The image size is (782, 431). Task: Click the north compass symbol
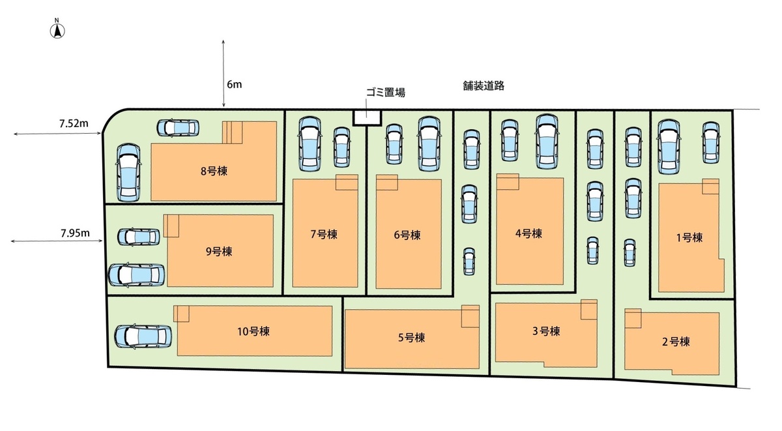[x=57, y=29]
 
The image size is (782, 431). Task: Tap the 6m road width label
[x=234, y=84]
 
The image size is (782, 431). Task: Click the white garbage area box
[x=367, y=117]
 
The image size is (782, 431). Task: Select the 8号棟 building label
[x=214, y=171]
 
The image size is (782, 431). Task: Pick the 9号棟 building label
[x=219, y=250]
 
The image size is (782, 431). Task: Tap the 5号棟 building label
[x=411, y=337]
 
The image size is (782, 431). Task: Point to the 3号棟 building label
[x=545, y=331]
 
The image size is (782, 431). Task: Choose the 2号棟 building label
[x=676, y=341]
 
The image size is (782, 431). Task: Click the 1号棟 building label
[x=689, y=237]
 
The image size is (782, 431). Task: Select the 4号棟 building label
[x=529, y=233]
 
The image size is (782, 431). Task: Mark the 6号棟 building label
[x=407, y=235]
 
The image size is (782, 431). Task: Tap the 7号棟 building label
[x=324, y=234]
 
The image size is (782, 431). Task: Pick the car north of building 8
[x=178, y=127]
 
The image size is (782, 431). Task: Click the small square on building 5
[x=470, y=318]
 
